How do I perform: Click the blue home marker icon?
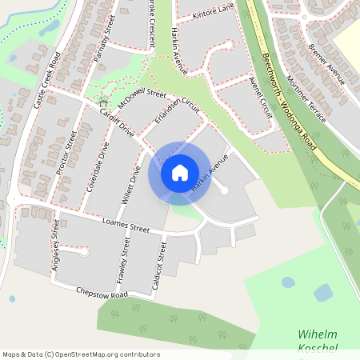click(180, 173)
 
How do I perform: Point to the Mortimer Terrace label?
click(306, 94)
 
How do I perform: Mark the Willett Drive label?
click(130, 183)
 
